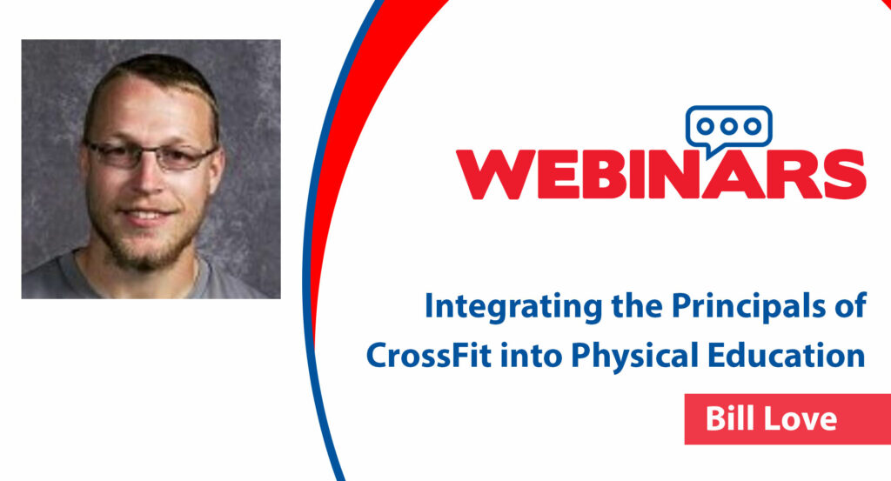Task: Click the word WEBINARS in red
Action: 661,174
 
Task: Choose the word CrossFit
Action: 429,356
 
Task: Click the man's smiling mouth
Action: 145,215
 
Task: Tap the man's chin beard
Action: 145,250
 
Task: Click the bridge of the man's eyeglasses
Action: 150,151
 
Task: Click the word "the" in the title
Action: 636,307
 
